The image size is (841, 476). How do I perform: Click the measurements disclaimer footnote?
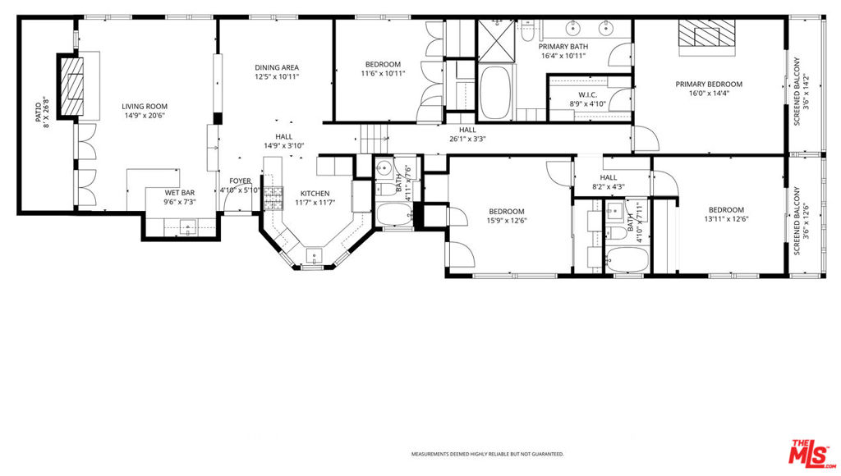coord(488,455)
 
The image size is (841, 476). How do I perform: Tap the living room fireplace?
coord(71,86)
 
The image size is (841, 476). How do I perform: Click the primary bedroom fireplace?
coord(707,33)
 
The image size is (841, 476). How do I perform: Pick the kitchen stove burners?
coord(273,199)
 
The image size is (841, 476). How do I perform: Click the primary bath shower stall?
coord(496,41)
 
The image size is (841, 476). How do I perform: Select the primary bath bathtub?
coord(495,92)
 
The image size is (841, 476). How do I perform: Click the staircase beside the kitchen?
coord(374,139)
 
